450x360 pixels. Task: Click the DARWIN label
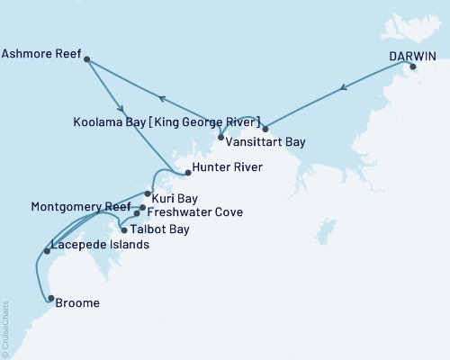412,55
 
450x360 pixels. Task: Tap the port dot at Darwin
413,67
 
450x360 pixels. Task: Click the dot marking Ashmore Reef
87,59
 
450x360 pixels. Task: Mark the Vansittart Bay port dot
265,130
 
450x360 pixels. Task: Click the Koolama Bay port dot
220,137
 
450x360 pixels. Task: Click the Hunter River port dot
187,171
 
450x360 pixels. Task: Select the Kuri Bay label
175,197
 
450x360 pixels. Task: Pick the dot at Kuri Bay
148,193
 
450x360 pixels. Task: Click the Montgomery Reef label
67,206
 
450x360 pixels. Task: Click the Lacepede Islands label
99,244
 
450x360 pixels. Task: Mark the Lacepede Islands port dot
47,251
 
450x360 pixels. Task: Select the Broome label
77,303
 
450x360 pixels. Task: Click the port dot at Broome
50,299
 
